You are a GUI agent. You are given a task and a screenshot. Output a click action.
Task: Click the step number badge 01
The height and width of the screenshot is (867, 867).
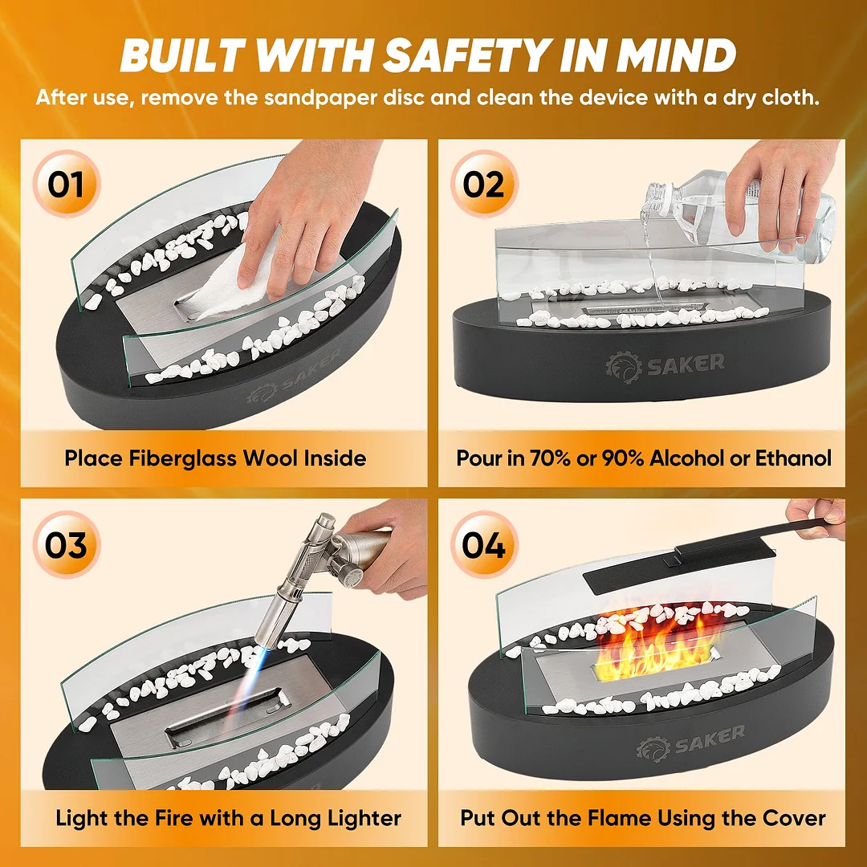[x=67, y=184]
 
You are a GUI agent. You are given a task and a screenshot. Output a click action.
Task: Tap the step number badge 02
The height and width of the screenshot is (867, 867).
[x=484, y=184]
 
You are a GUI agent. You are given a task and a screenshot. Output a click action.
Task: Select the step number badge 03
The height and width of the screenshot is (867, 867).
[x=67, y=544]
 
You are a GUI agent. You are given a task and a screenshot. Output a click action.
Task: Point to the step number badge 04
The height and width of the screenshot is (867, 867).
[x=484, y=544]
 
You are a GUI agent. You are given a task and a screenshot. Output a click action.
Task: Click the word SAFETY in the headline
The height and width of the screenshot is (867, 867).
[x=466, y=55]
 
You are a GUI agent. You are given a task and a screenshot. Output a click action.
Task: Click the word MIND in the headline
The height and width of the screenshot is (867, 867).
[x=676, y=55]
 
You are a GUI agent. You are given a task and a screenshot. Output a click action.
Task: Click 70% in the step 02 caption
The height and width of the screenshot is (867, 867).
[x=550, y=458]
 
